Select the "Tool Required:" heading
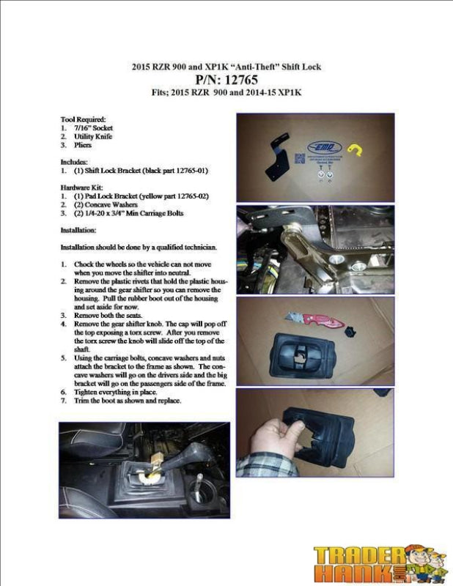tap(83, 119)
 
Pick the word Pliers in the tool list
tap(82, 145)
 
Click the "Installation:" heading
tap(78, 229)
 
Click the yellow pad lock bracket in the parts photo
tap(356, 150)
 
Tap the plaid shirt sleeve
tap(254, 467)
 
